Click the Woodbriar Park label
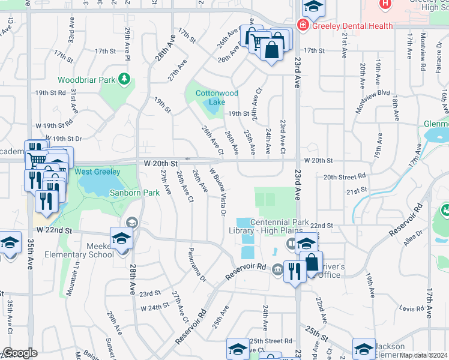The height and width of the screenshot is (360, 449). coord(86,80)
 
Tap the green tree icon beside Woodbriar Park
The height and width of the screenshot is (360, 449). coord(124,79)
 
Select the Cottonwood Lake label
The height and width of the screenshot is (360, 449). coord(217,98)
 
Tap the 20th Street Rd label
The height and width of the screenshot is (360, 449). coord(345,177)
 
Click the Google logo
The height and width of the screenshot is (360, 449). coord(20,353)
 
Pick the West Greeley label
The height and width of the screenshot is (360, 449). coord(97,172)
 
